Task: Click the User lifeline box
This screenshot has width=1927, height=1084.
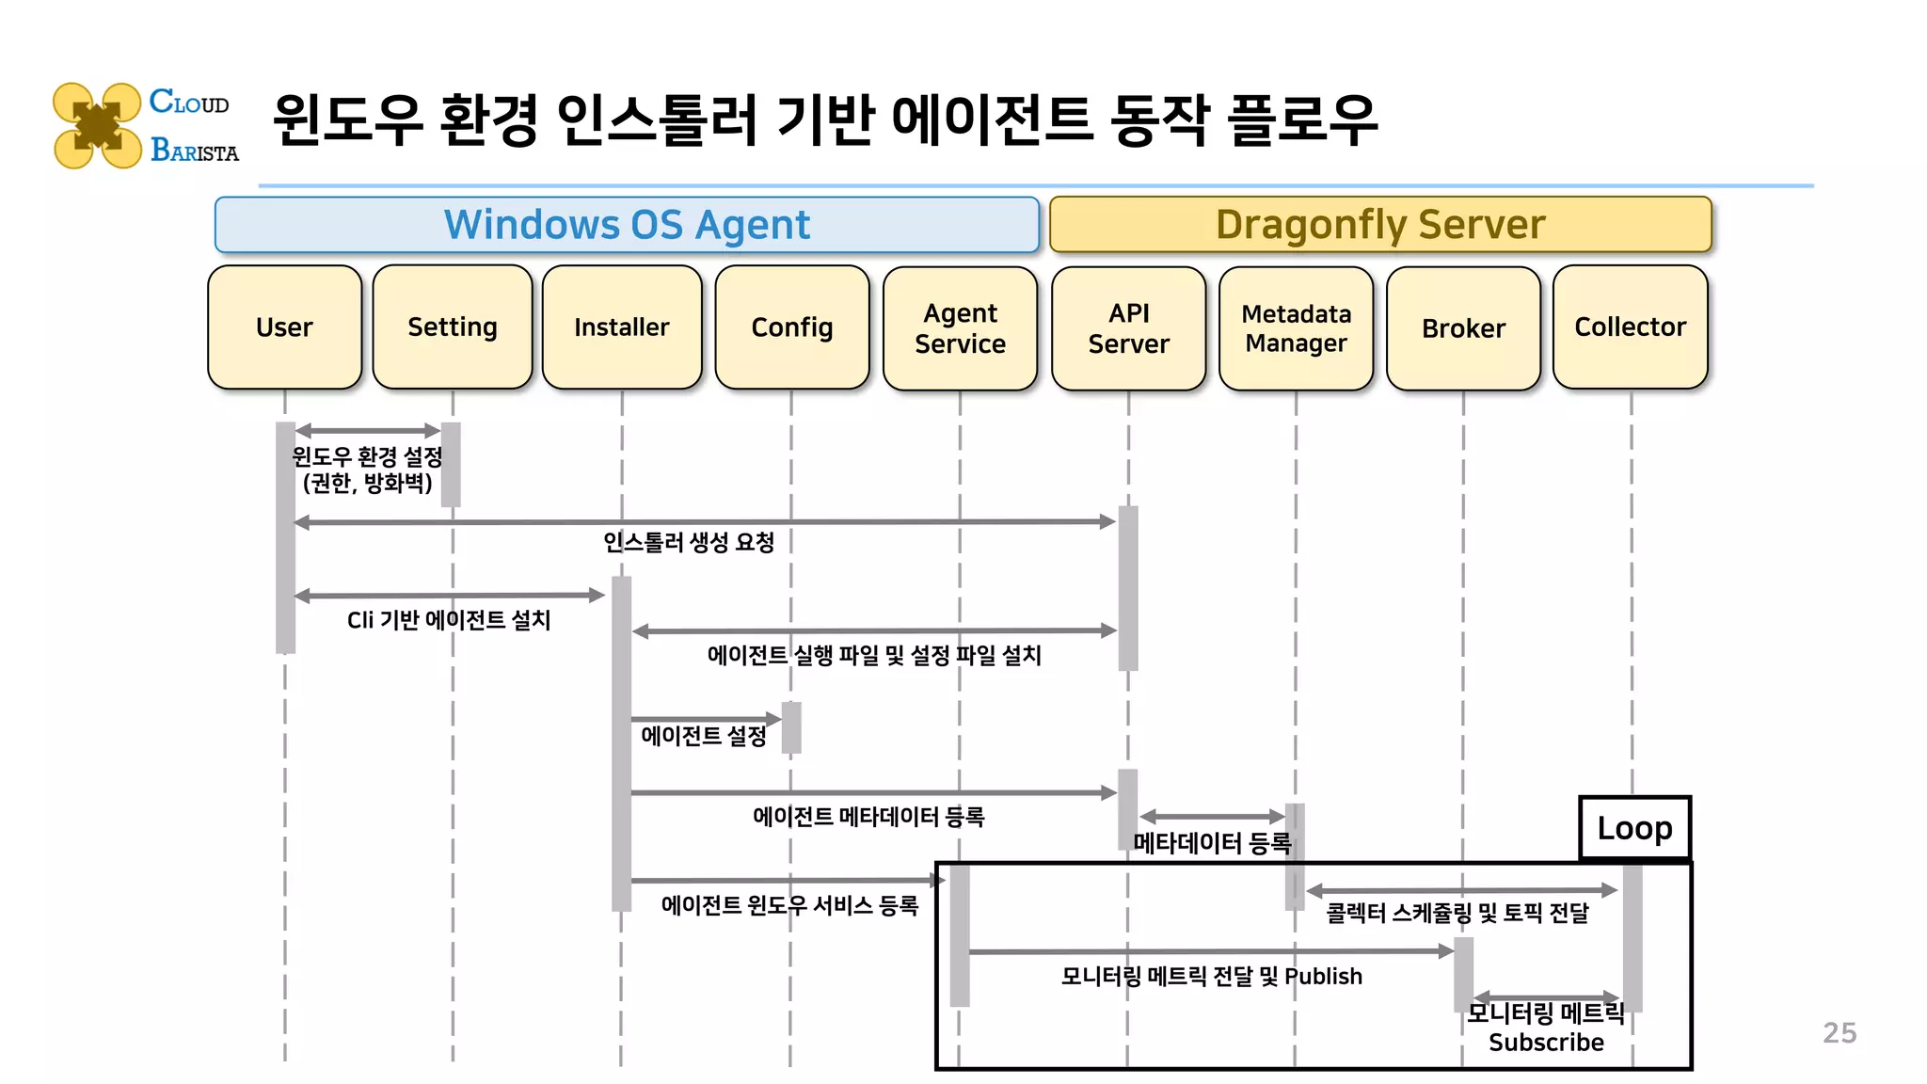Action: tap(284, 327)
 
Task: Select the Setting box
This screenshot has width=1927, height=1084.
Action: tap(452, 327)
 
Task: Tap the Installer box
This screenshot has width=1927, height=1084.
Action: tap(621, 327)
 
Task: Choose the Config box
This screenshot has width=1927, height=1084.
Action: tap(791, 327)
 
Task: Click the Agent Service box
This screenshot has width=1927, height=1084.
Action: tap(960, 327)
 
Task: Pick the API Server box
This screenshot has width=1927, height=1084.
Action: tap(1128, 327)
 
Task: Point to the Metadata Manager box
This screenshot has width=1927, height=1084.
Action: tap(1296, 327)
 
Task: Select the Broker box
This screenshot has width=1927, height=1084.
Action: tap(1463, 327)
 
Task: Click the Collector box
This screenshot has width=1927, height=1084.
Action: tap(1630, 327)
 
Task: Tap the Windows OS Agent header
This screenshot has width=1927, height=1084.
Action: tap(627, 225)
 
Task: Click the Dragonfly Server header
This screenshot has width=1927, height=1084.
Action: tap(1379, 225)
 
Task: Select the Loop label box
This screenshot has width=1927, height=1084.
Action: tap(1634, 828)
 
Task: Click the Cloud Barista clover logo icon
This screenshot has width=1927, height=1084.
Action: tap(97, 126)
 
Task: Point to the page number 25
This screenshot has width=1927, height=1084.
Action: tap(1839, 1033)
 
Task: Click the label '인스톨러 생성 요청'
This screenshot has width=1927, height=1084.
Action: tap(689, 543)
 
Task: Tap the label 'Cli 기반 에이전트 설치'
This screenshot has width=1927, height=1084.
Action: tap(449, 620)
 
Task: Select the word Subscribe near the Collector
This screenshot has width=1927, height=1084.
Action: tap(1546, 1043)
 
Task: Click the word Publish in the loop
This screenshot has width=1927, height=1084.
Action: tap(1323, 977)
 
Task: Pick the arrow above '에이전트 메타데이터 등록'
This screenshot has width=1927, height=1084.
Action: tap(873, 793)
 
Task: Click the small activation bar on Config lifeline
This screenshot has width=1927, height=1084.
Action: tap(791, 727)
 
